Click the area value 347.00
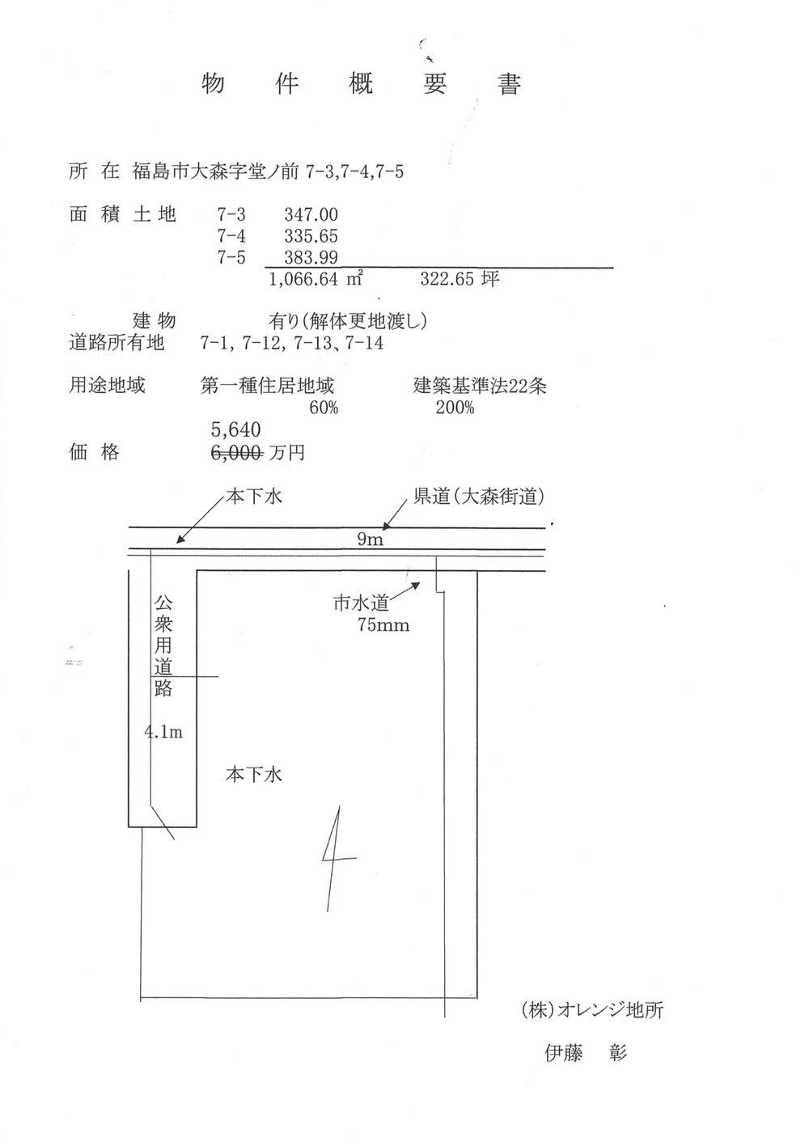pyautogui.click(x=311, y=214)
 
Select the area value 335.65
pyautogui.click(x=311, y=236)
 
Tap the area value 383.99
pyautogui.click(x=311, y=257)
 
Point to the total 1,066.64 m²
pyautogui.click(x=316, y=279)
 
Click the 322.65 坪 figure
pyautogui.click(x=460, y=279)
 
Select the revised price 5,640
pyautogui.click(x=236, y=429)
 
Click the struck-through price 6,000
pyautogui.click(x=237, y=452)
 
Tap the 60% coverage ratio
pyautogui.click(x=324, y=408)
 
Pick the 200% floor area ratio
pyautogui.click(x=455, y=408)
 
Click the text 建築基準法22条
pyautogui.click(x=480, y=386)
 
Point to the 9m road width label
pyautogui.click(x=370, y=539)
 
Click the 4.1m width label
pyautogui.click(x=163, y=732)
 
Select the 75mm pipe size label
pyautogui.click(x=383, y=625)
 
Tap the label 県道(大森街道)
pyautogui.click(x=478, y=497)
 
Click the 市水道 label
pyautogui.click(x=361, y=603)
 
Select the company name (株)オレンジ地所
pyautogui.click(x=592, y=1010)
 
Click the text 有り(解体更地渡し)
pyautogui.click(x=347, y=321)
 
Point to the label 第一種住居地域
pyautogui.click(x=267, y=386)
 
